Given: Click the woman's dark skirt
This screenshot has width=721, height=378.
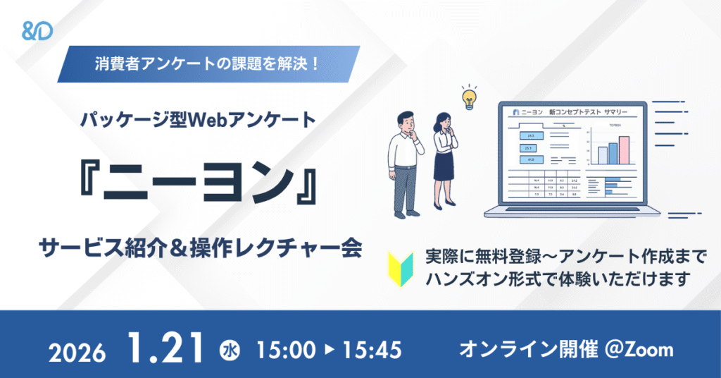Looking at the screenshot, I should (x=444, y=167).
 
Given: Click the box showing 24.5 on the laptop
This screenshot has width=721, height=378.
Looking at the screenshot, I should (x=528, y=135).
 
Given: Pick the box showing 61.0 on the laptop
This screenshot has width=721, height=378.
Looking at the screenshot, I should (x=528, y=160).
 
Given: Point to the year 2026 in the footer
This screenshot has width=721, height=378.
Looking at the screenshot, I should (x=78, y=350).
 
